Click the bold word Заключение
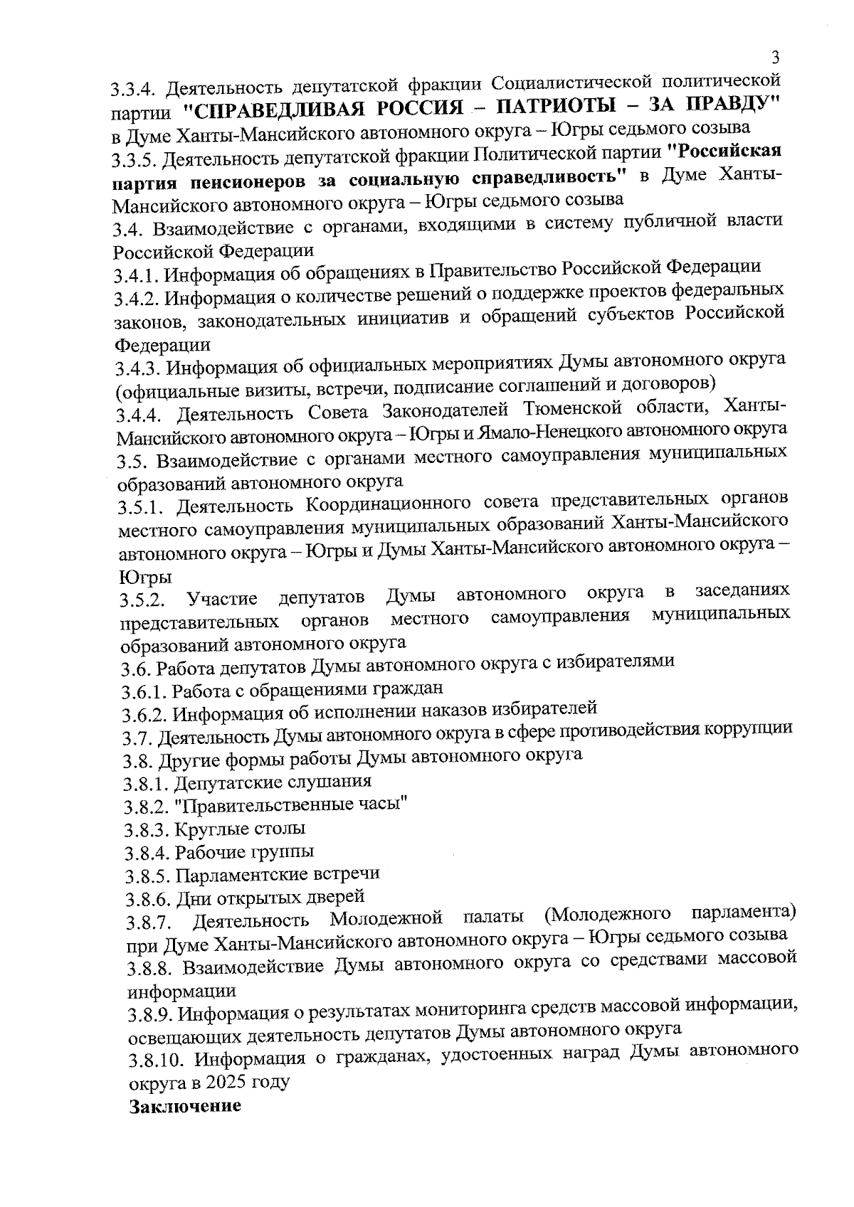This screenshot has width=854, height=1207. [185, 1107]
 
